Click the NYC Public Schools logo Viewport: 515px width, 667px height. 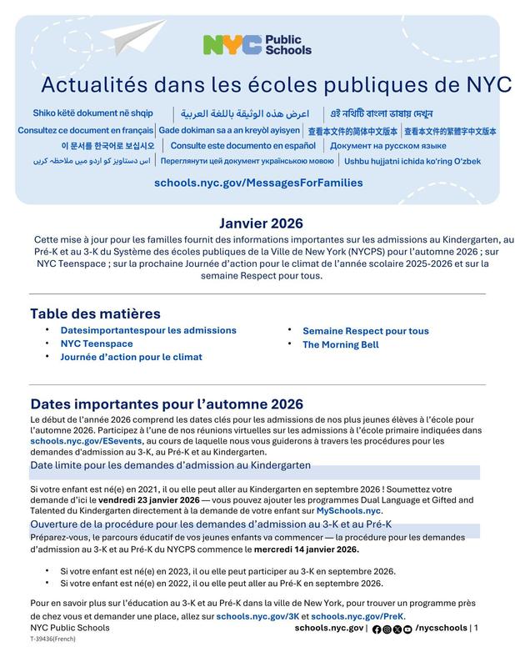(257, 45)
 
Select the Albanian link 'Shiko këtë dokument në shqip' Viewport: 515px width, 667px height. (92, 113)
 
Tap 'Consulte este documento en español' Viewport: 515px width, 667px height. (237, 146)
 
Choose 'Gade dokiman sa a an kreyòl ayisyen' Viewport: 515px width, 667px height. (229, 131)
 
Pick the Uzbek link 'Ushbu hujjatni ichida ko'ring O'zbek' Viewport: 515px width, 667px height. (412, 161)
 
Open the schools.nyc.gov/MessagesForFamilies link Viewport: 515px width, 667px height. (258, 183)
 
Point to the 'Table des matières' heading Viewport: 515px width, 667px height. (95, 313)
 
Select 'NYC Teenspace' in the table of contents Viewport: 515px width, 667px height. (97, 344)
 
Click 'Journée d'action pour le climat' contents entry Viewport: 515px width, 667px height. (131, 357)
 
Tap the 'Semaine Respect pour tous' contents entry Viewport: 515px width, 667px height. (365, 331)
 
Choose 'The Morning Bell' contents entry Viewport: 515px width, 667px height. (340, 344)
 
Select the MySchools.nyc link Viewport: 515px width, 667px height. (348, 509)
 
